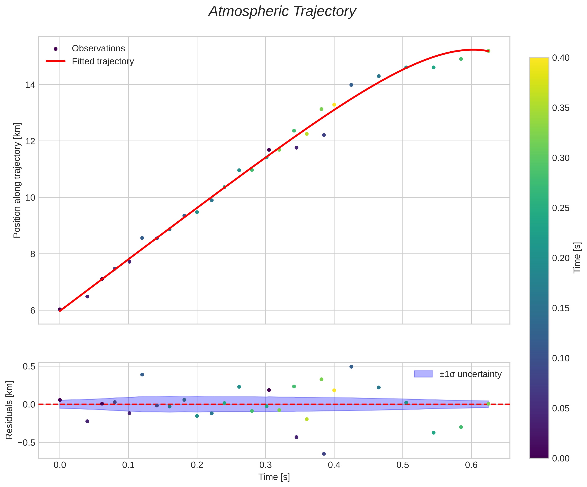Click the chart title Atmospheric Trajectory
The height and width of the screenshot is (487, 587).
(x=282, y=12)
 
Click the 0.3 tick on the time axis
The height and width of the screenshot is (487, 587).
(x=266, y=465)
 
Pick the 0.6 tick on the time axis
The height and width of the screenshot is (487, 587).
(x=471, y=465)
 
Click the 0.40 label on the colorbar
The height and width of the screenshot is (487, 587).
(x=561, y=58)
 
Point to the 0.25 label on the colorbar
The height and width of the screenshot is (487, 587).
(x=561, y=208)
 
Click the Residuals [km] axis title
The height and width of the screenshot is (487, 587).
(x=9, y=410)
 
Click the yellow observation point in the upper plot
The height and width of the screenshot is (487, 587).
(x=334, y=105)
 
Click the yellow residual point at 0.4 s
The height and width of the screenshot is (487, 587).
(x=334, y=390)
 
